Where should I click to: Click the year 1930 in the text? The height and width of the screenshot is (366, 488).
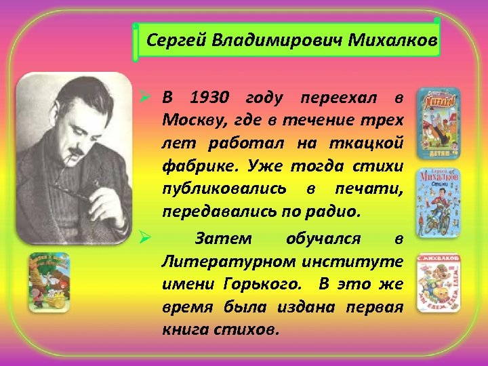point(210,98)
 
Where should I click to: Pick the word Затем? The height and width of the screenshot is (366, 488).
point(223,239)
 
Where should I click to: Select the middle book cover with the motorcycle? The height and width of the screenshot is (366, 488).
point(437,202)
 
